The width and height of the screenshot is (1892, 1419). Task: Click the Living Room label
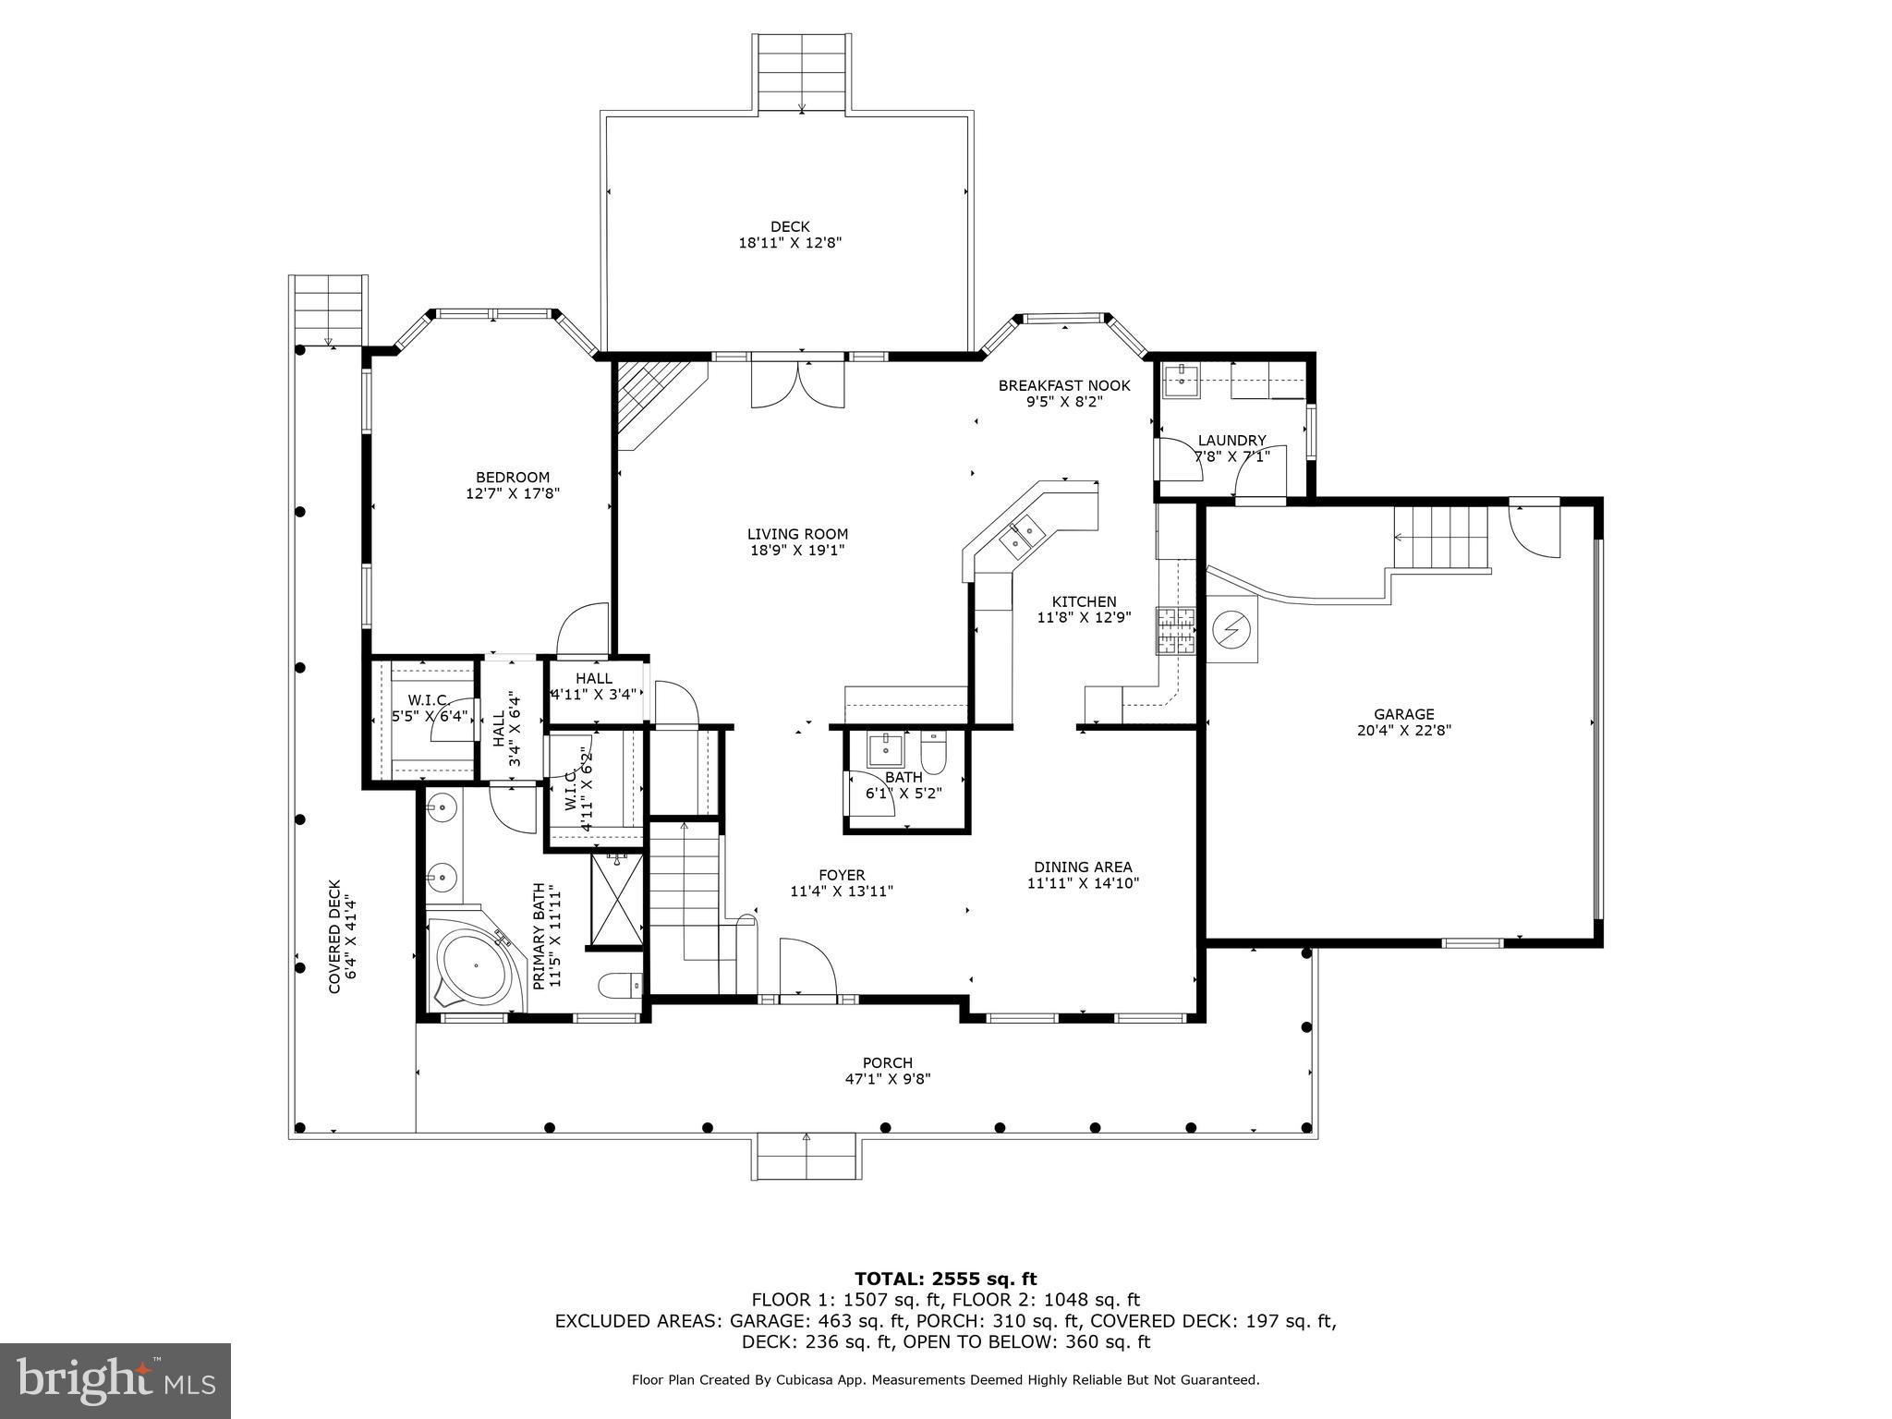click(x=797, y=534)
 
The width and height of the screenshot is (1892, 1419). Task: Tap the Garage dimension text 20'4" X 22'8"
click(x=1403, y=730)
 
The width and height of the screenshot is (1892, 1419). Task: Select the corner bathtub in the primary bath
click(x=471, y=965)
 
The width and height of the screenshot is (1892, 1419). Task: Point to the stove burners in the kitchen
click(x=1174, y=631)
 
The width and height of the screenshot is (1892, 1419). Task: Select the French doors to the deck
click(x=797, y=382)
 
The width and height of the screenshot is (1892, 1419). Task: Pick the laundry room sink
click(x=1181, y=380)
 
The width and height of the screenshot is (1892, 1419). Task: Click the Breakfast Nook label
click(x=1064, y=385)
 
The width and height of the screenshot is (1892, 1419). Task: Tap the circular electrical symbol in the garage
click(x=1231, y=629)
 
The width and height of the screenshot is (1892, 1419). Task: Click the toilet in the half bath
click(x=934, y=752)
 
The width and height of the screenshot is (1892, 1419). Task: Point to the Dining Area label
click(x=1083, y=867)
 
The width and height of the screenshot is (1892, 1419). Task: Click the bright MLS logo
click(x=115, y=1380)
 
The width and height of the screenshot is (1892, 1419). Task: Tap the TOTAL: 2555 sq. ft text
click(x=945, y=1279)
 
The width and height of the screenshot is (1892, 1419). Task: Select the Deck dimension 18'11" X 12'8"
click(x=790, y=243)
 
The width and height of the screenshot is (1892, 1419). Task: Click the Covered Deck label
click(x=334, y=936)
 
